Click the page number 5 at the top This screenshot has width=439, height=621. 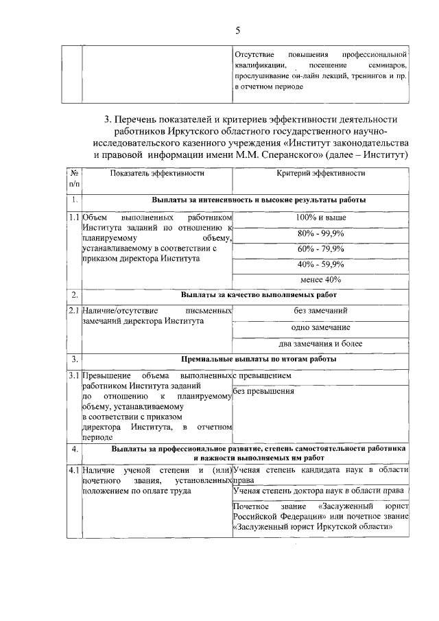237,30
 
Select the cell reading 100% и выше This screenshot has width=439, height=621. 321,218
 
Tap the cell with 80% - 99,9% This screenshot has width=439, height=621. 321,233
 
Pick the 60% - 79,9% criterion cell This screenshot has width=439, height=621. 321,248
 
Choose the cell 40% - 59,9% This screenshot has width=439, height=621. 321,264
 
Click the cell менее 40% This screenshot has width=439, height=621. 321,279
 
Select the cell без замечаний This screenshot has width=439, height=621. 321,312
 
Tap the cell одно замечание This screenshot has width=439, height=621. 321,327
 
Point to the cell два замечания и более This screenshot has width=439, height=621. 321,343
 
